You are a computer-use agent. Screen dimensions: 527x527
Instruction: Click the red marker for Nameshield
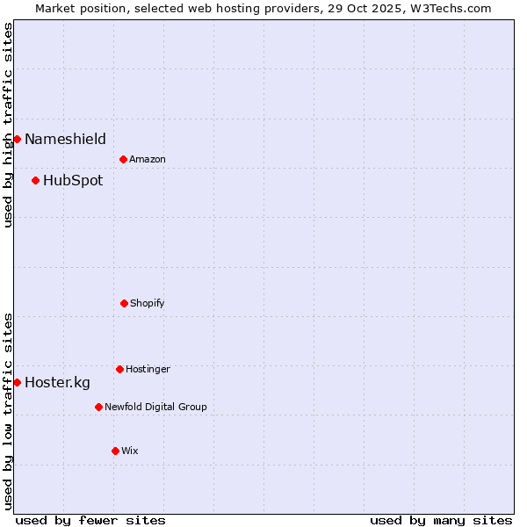tap(17, 139)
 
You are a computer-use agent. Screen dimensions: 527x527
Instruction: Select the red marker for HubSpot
tap(35, 181)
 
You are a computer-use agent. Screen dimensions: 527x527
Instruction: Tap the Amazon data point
tap(123, 159)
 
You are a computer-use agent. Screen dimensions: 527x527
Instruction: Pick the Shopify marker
tap(124, 303)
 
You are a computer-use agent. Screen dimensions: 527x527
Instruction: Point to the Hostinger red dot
tap(119, 369)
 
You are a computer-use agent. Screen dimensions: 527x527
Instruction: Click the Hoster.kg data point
tap(17, 382)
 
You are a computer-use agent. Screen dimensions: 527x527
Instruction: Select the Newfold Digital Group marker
tap(98, 407)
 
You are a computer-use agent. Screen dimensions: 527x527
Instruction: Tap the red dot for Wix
tap(115, 451)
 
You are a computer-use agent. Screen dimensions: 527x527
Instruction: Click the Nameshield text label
tap(65, 139)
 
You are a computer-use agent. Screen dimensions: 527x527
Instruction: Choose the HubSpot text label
tap(73, 181)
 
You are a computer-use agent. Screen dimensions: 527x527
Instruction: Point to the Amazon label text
tap(148, 159)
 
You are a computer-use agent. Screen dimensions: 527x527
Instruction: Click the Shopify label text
tap(148, 303)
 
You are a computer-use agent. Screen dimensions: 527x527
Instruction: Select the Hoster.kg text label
tap(57, 382)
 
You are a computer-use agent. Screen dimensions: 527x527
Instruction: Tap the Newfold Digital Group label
tap(155, 407)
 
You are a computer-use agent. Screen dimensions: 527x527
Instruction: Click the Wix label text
tap(130, 451)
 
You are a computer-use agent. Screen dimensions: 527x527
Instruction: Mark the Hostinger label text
tap(148, 369)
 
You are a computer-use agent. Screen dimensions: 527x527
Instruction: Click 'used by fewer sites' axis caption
tap(90, 520)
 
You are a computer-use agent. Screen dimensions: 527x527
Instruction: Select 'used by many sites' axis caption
tap(441, 520)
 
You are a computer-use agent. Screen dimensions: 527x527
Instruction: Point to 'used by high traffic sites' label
tap(8, 125)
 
